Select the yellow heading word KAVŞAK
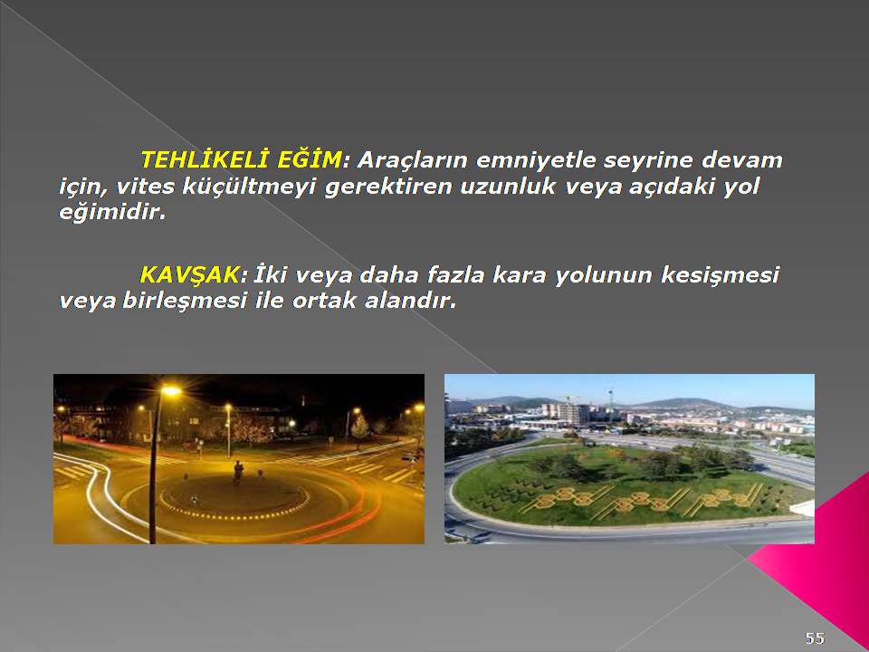tap(189, 275)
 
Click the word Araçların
tap(413, 161)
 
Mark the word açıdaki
tap(672, 187)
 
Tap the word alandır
tap(411, 301)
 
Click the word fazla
tap(455, 275)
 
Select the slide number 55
tap(815, 638)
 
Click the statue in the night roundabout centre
tap(238, 472)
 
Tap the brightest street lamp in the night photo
tap(171, 391)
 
